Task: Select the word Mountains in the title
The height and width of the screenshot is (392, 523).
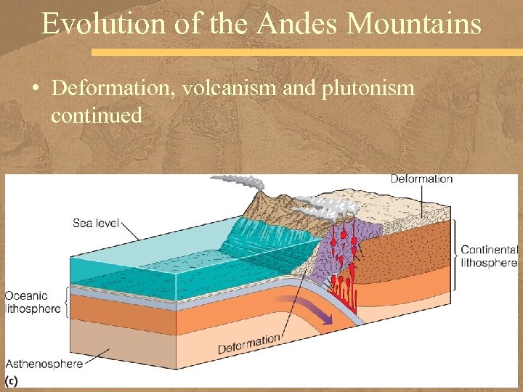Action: [x=414, y=23]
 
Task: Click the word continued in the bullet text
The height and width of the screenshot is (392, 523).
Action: [x=96, y=115]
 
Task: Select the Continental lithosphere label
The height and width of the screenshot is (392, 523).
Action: [x=489, y=256]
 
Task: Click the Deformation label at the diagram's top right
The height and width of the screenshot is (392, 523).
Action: [x=421, y=179]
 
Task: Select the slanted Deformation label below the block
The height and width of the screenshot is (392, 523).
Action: [x=248, y=343]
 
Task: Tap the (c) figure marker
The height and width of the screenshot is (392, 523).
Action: [x=12, y=380]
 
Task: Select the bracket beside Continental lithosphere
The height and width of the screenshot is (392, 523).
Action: [x=454, y=255]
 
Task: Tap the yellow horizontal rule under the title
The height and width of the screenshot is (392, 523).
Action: [x=305, y=52]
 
